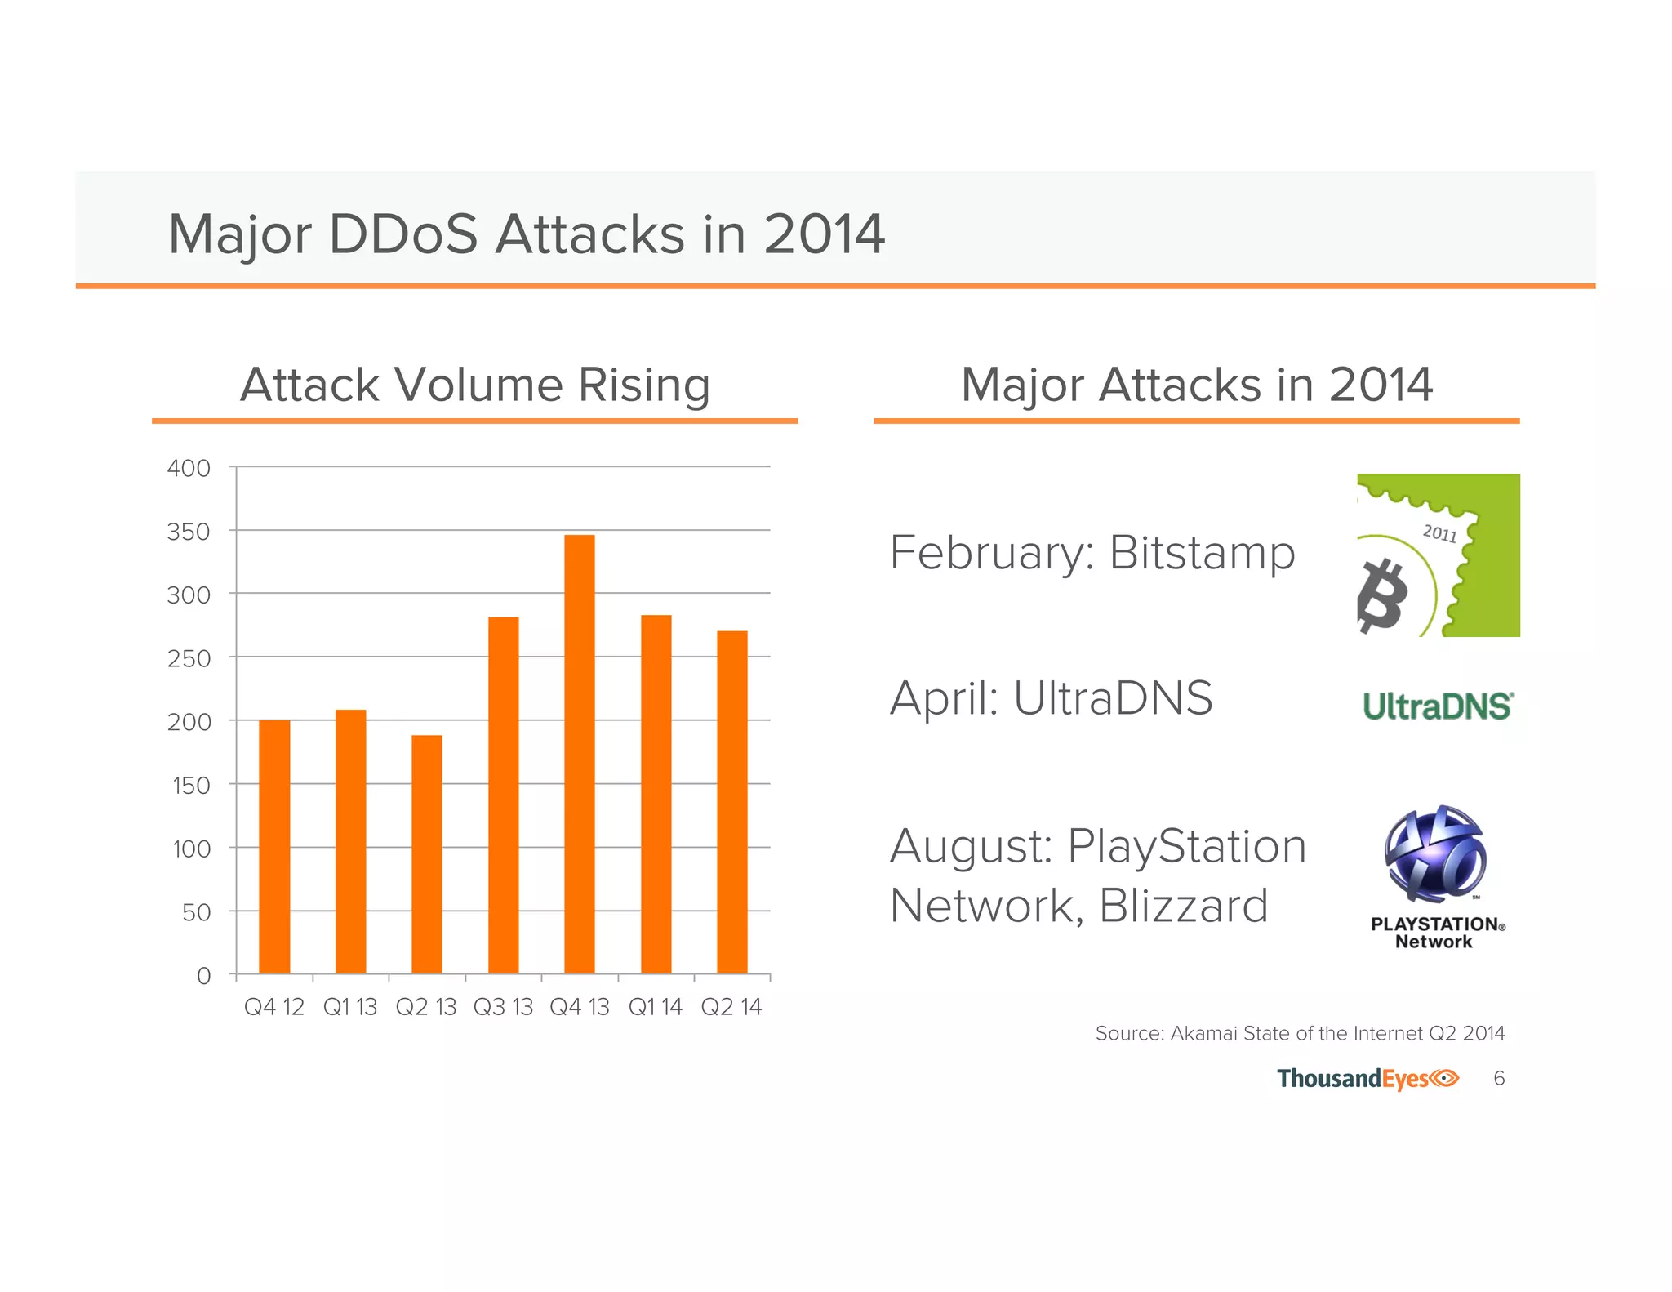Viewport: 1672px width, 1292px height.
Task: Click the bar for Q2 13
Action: point(426,854)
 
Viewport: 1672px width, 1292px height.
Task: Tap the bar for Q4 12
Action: point(274,847)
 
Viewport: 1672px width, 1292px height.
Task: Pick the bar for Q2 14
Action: point(731,802)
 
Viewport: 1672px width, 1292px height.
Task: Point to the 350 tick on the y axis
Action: point(189,532)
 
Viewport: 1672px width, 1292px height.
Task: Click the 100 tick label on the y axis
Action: point(191,849)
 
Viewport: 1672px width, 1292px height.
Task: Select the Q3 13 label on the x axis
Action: point(503,1007)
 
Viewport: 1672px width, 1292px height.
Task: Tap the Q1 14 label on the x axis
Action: point(655,1007)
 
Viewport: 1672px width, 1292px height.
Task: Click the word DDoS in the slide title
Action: point(402,234)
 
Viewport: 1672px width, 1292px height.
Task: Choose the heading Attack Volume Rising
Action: point(474,385)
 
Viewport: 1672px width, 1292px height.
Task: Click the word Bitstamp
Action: point(1202,553)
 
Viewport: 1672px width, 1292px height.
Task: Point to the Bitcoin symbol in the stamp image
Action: point(1383,595)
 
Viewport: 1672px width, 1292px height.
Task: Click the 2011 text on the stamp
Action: point(1439,533)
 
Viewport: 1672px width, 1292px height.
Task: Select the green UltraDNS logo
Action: point(1438,706)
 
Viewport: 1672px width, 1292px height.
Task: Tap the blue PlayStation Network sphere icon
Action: point(1434,853)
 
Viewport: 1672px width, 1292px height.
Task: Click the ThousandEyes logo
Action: point(1367,1079)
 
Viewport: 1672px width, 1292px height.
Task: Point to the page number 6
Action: point(1499,1079)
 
